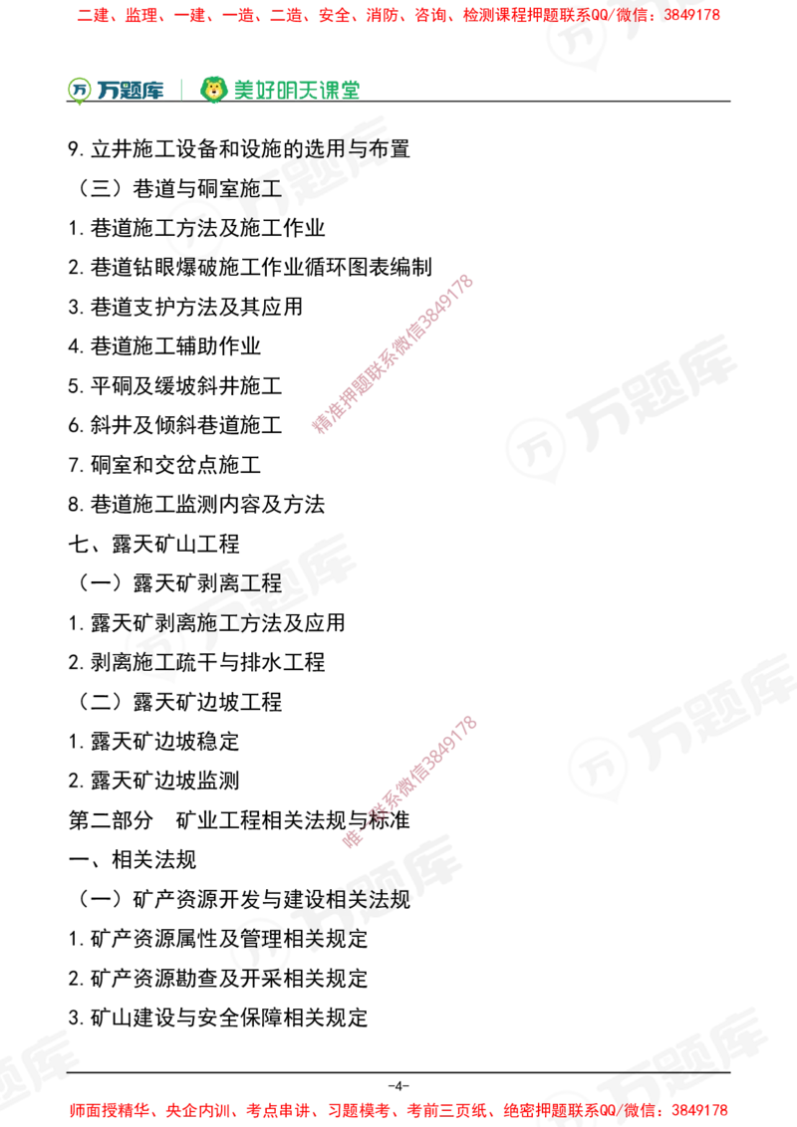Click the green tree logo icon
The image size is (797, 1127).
pos(78,90)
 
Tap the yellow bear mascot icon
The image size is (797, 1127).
pos(213,90)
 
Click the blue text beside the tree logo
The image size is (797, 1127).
pos(131,91)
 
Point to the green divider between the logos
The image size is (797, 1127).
pos(180,88)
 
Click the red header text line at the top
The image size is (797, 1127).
pos(398,16)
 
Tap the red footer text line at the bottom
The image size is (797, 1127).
pos(398,1109)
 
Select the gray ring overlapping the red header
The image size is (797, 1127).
pos(577,38)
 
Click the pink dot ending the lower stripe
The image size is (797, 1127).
pos(352,839)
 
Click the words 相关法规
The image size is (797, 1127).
pos(374,899)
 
